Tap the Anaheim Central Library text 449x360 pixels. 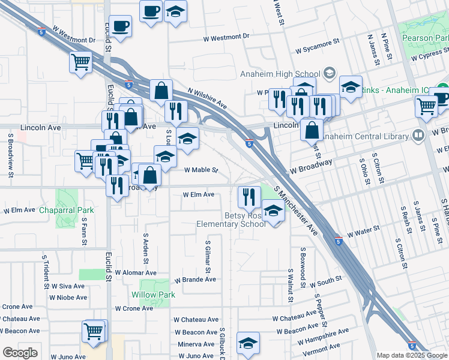(364, 136)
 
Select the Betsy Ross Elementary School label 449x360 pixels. (232, 220)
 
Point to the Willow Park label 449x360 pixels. (153, 295)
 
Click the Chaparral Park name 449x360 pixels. (67, 211)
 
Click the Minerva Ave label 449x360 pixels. (196, 344)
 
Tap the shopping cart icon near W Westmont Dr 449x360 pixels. (80, 62)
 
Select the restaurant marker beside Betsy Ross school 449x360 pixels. (248, 196)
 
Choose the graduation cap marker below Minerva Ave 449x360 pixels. (248, 343)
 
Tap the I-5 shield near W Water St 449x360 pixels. (339, 241)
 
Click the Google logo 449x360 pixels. (20, 353)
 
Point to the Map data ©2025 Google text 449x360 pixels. (411, 355)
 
